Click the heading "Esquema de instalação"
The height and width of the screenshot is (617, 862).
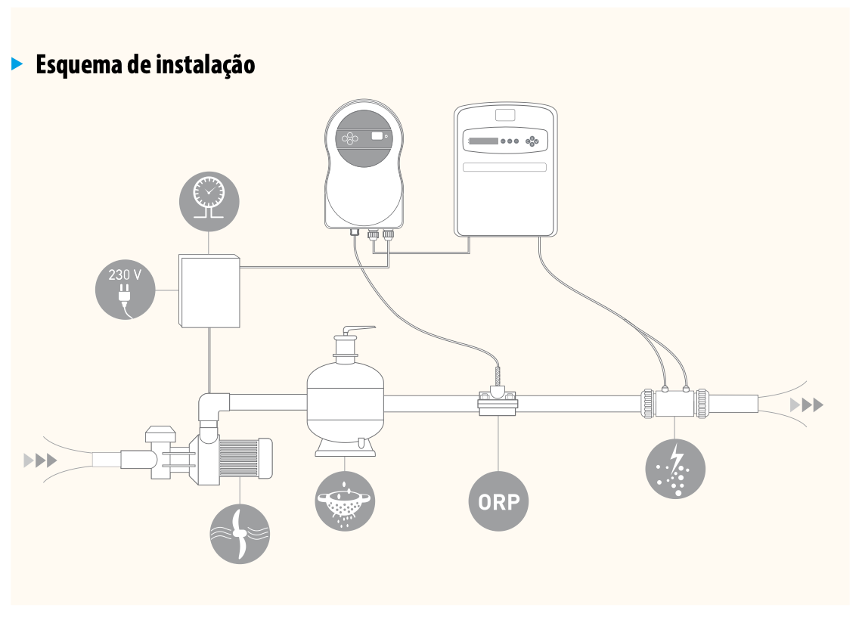(145, 65)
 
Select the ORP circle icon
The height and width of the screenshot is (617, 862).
(498, 501)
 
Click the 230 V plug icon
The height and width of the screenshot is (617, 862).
(126, 292)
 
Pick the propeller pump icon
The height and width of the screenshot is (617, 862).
(239, 534)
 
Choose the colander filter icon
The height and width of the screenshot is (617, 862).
(345, 500)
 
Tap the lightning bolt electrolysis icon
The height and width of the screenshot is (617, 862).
(674, 468)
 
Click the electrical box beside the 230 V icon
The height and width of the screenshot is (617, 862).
(209, 291)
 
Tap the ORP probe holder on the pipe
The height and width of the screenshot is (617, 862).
(498, 401)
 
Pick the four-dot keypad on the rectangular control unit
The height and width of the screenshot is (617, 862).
(535, 140)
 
